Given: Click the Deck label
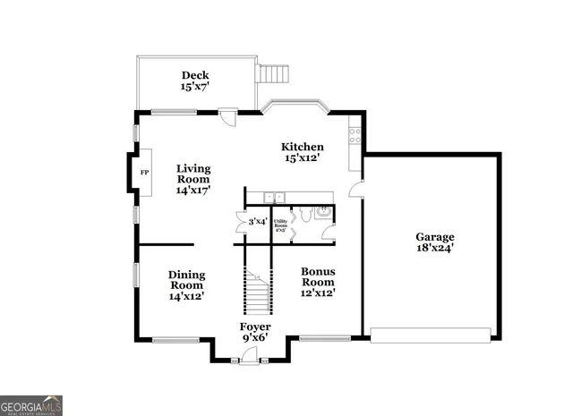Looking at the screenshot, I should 194,81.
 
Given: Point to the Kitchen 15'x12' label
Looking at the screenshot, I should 303,152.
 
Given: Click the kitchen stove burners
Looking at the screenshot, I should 355,136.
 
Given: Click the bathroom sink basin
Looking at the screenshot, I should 323,212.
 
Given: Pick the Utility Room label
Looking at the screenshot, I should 280,224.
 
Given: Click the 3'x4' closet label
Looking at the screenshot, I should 257,221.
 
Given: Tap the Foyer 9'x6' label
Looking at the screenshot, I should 256,332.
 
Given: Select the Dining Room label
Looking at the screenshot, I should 187,285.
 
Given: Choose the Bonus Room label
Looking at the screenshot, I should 318,281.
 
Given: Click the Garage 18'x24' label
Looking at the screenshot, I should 434,242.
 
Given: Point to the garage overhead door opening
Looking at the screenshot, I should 432,335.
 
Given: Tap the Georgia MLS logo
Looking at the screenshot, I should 31,405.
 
